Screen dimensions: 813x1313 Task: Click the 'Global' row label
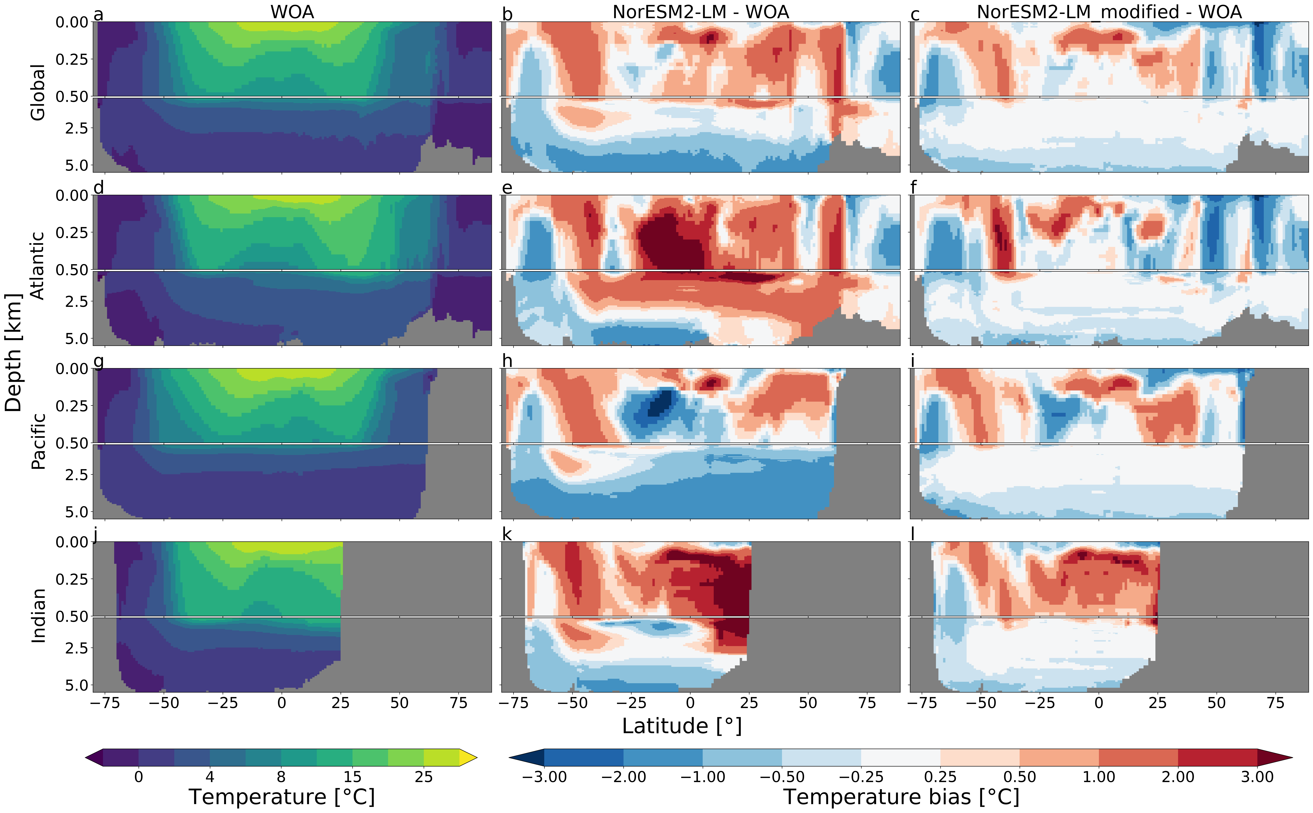(38, 92)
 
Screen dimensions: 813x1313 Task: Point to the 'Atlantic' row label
(38, 266)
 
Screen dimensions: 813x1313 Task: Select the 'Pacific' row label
(38, 441)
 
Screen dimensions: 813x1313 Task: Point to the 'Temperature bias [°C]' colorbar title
(901, 797)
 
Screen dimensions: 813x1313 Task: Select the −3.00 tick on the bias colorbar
(544, 777)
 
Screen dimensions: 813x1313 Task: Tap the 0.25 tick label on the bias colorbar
(940, 777)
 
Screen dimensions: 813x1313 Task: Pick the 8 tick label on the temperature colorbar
(281, 777)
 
